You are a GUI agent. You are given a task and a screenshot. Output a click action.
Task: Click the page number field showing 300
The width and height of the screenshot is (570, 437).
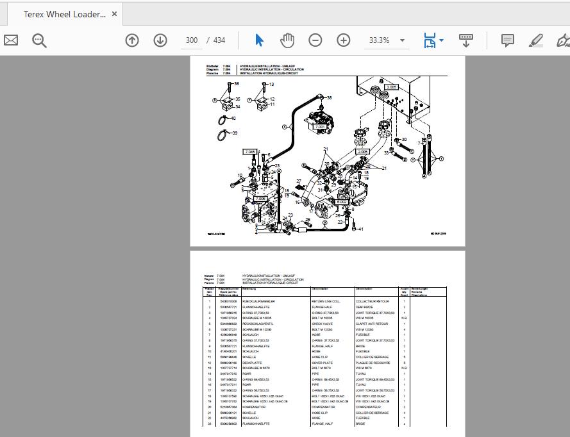click(191, 40)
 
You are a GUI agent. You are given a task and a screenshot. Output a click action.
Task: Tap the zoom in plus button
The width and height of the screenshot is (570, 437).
click(344, 40)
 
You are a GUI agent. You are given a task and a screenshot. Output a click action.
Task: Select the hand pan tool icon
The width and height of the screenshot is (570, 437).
click(287, 40)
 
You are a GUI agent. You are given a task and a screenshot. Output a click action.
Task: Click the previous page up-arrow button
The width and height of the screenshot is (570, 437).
click(132, 40)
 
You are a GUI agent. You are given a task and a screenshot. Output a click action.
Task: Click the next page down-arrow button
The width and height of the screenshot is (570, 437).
click(160, 40)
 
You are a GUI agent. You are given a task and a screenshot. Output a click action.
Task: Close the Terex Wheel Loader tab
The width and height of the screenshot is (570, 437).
click(114, 13)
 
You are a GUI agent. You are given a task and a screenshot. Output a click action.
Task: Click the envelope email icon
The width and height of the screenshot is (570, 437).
click(11, 40)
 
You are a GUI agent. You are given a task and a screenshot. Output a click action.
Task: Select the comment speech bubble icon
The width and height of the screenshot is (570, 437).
click(507, 40)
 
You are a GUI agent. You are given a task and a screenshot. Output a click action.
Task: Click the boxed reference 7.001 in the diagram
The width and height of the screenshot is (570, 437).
click(320, 127)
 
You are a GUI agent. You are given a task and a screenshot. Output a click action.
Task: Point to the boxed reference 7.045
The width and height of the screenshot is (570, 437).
click(249, 152)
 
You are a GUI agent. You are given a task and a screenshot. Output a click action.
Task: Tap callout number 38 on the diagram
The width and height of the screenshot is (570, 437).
click(329, 98)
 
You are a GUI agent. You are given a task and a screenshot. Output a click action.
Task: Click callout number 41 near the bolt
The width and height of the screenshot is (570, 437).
click(361, 229)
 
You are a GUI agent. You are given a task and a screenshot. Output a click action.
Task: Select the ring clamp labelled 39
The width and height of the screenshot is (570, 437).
click(222, 134)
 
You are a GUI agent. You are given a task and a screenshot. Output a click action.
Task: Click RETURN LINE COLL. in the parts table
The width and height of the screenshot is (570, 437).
click(326, 301)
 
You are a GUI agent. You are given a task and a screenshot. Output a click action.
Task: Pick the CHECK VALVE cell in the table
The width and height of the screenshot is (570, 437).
click(322, 324)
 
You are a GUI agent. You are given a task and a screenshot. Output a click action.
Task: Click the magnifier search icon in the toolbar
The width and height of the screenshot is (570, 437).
click(40, 40)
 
